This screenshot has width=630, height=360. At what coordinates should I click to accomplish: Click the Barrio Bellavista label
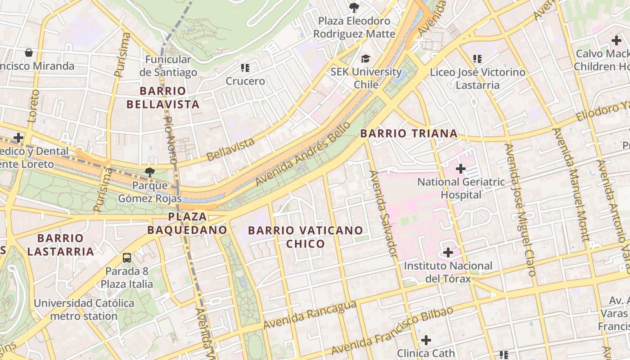pyautogui.click(x=162, y=98)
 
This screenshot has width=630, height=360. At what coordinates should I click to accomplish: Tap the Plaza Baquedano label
pyautogui.click(x=187, y=223)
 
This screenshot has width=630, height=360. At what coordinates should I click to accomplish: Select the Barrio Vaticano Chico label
pyautogui.click(x=306, y=237)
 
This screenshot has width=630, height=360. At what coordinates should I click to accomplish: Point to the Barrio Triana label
pyautogui.click(x=409, y=133)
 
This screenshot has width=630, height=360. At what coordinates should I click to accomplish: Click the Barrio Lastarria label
pyautogui.click(x=60, y=244)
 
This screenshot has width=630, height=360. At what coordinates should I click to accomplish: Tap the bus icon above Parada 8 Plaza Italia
pyautogui.click(x=127, y=258)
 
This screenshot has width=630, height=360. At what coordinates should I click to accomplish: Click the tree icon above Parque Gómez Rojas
pyautogui.click(x=149, y=172)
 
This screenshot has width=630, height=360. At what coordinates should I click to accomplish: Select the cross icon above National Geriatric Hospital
pyautogui.click(x=460, y=169)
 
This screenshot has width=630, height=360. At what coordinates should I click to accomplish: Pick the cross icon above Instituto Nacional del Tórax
pyautogui.click(x=448, y=252)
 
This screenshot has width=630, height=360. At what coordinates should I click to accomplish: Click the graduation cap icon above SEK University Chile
pyautogui.click(x=365, y=59)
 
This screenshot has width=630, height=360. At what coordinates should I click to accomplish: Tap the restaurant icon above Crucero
pyautogui.click(x=245, y=68)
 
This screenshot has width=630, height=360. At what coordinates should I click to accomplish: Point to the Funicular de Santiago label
pyautogui.click(x=168, y=66)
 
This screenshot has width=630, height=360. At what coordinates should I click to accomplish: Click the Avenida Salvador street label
pyautogui.click(x=383, y=213)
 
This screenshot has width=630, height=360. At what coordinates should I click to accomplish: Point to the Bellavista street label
pyautogui.click(x=231, y=149)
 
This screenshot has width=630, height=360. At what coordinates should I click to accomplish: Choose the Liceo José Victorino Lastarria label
pyautogui.click(x=477, y=78)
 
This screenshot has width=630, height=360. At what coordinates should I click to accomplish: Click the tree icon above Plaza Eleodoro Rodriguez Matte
pyautogui.click(x=354, y=7)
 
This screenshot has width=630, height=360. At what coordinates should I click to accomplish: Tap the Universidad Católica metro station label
pyautogui.click(x=84, y=310)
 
